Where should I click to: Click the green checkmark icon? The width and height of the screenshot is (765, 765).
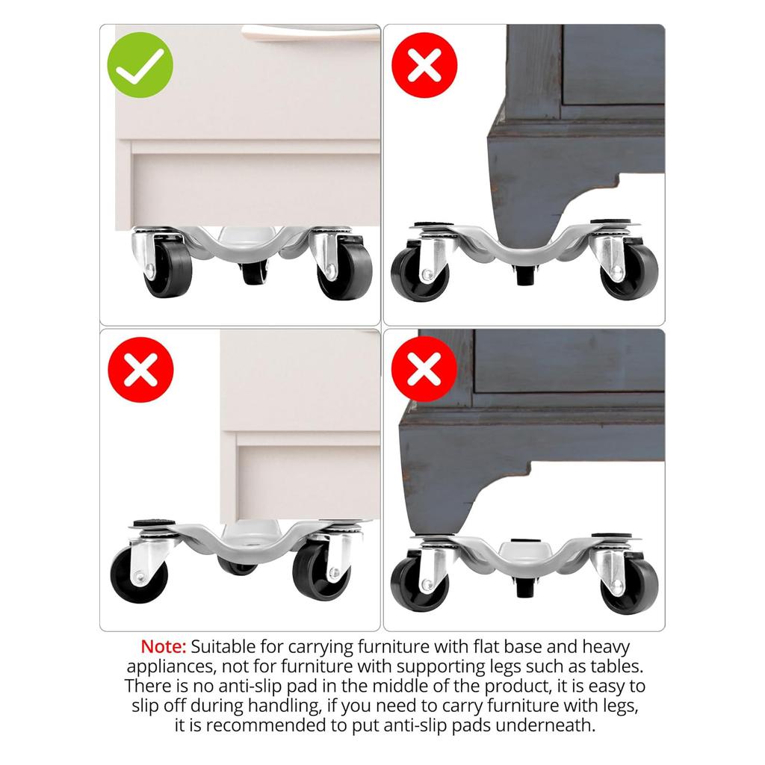coord(140,65)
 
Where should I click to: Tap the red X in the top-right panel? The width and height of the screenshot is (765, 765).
coord(424,65)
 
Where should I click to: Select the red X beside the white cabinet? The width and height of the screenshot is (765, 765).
coord(140,369)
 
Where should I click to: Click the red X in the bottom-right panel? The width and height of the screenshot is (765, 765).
coord(424,369)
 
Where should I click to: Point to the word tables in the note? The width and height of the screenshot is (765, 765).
coord(613,666)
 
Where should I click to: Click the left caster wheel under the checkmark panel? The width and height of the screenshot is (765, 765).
coord(167,270)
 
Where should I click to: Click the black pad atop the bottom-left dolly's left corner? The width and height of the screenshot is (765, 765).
coord(148,524)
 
